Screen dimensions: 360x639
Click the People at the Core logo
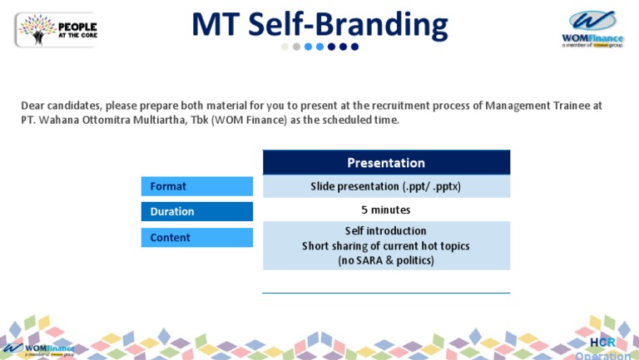point(56,29)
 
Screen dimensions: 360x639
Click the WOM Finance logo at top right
point(592,29)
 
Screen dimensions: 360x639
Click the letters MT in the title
point(218,25)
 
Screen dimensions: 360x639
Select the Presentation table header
point(386,163)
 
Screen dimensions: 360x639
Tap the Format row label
point(196,186)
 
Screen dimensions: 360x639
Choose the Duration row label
point(196,211)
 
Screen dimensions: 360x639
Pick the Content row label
point(196,238)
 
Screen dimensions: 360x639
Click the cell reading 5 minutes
point(386,210)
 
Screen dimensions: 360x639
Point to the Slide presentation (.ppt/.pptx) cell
point(386,186)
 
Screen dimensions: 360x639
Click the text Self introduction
point(386,231)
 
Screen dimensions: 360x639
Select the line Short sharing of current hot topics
point(386,246)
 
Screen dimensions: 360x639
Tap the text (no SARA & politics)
point(386,260)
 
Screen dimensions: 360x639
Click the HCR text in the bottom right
point(602,343)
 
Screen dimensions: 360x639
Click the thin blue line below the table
point(386,293)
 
